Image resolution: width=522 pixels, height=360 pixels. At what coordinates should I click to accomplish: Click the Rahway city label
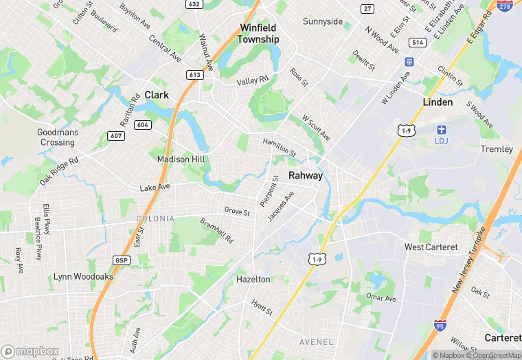(x=306, y=176)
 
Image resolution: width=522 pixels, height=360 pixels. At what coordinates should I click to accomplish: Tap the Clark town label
(x=157, y=95)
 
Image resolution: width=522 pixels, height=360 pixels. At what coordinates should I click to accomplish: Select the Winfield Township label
(x=259, y=34)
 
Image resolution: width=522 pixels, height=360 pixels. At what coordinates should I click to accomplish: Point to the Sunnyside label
(x=323, y=21)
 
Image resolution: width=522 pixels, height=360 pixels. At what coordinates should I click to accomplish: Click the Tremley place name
(x=497, y=149)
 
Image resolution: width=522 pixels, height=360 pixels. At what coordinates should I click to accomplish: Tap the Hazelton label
(x=253, y=280)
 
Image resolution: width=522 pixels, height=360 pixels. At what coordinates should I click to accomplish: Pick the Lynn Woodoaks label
(x=84, y=277)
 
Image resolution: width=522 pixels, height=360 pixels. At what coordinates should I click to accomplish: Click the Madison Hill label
(x=181, y=159)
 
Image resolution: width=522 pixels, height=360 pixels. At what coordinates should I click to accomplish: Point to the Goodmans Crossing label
(x=58, y=137)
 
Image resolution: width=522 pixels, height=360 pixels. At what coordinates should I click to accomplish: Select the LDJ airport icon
(x=442, y=129)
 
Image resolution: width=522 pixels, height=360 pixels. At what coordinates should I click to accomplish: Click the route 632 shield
(x=194, y=4)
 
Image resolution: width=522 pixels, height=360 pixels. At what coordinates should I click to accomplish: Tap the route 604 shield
(x=143, y=124)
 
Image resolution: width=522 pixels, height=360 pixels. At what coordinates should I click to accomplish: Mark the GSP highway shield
(x=120, y=260)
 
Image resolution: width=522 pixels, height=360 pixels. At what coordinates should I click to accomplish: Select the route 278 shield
(x=505, y=5)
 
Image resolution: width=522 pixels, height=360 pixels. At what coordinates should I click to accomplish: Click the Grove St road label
(x=237, y=212)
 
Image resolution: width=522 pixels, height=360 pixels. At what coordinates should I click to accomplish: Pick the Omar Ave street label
(x=381, y=298)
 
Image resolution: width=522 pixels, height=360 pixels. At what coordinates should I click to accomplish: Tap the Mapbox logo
(x=30, y=351)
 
